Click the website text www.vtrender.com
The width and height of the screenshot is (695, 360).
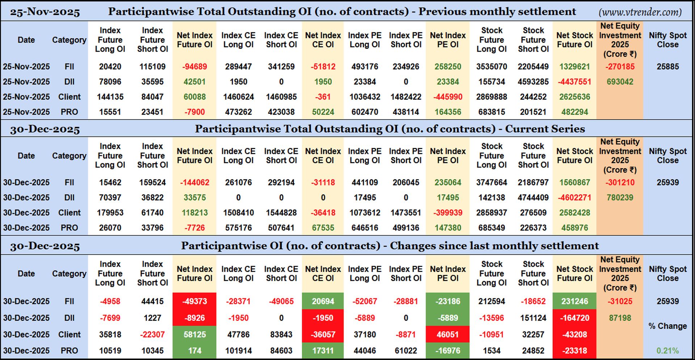coord(640,12)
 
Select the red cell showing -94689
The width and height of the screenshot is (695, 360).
coord(194,67)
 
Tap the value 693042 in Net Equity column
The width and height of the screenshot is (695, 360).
coord(620,82)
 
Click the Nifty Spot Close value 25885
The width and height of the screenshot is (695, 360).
coord(667,67)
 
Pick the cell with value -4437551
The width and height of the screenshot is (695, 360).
coord(574,82)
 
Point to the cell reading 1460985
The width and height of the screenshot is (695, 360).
coord(281,97)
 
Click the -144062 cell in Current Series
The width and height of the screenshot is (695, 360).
coord(194,183)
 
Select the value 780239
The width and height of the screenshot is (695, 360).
coord(620,198)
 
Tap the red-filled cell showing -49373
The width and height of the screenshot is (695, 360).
coord(194,301)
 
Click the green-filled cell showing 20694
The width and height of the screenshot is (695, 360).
coord(323,301)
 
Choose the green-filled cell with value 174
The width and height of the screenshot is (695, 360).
coord(194,351)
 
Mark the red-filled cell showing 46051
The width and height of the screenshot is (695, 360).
coord(447,335)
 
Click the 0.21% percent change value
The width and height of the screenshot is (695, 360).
coord(667,351)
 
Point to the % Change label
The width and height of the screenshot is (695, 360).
coord(667,326)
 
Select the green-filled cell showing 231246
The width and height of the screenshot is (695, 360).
coord(574,301)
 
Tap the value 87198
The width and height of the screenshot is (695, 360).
coord(620,318)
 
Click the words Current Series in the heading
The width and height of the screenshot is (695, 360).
coord(545,129)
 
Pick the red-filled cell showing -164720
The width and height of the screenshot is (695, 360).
coord(574,318)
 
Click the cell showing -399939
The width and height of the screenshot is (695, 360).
coord(447,213)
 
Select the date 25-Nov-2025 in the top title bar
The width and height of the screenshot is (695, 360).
coord(45,12)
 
